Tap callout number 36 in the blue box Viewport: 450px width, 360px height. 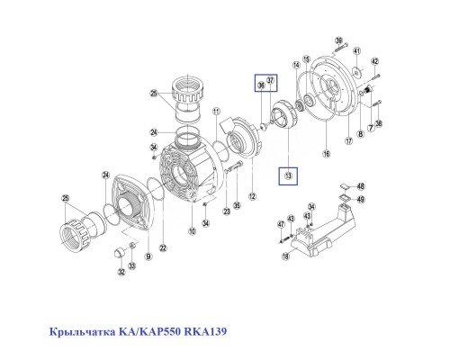click(x=262, y=85)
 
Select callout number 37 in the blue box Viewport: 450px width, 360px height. click(x=271, y=82)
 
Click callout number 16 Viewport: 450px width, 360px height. click(x=327, y=155)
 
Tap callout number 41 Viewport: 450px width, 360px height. click(x=356, y=50)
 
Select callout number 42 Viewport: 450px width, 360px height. click(x=375, y=61)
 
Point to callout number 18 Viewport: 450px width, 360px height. click(x=286, y=256)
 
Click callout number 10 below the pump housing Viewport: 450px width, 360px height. click(x=191, y=232)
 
